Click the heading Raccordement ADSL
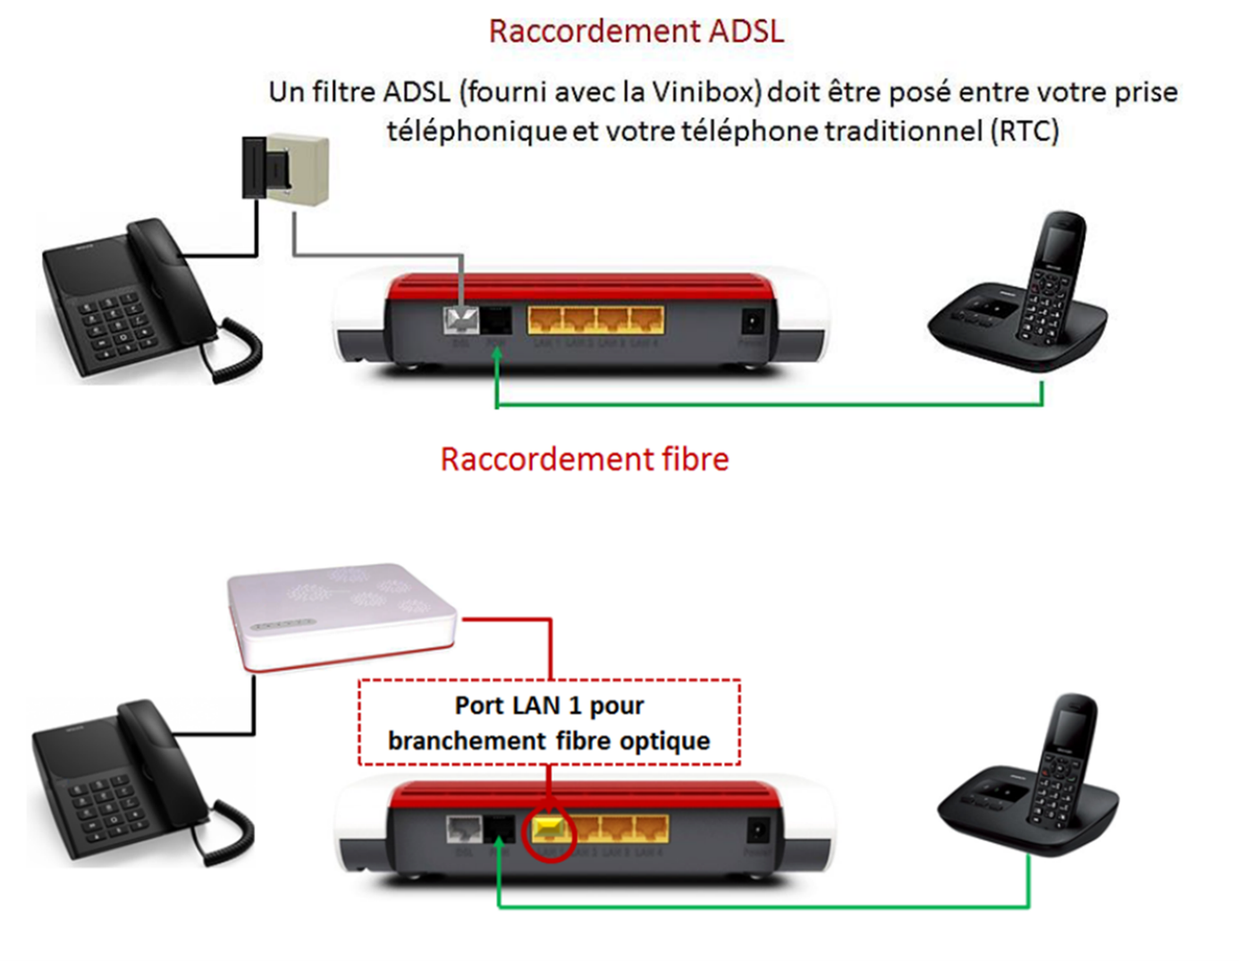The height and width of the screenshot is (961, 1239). click(x=636, y=31)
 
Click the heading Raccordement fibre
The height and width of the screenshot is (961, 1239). click(x=585, y=459)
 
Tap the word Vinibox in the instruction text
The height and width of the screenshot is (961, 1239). click(x=706, y=92)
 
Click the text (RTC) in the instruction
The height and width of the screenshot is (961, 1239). click(x=1024, y=131)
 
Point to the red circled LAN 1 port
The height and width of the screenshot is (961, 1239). click(x=549, y=831)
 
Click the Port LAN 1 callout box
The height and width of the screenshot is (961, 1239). click(x=549, y=722)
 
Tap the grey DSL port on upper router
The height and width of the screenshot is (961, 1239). click(x=461, y=320)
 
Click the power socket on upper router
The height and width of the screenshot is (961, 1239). click(x=753, y=321)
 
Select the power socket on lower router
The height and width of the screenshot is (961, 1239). click(x=757, y=830)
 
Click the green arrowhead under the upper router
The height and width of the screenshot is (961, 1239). click(x=496, y=354)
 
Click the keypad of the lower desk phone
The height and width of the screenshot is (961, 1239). click(x=103, y=804)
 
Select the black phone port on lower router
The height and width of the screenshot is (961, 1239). click(x=498, y=829)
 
